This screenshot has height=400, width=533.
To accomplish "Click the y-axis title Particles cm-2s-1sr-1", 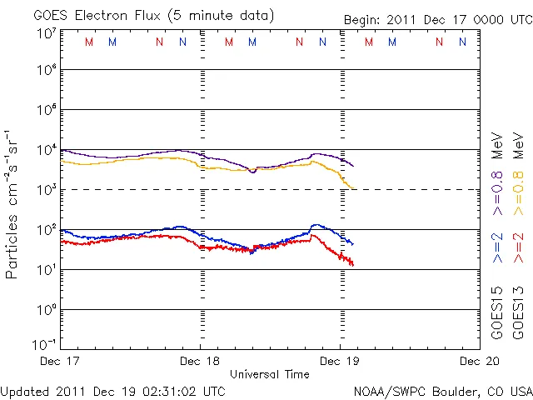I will [x=12, y=203].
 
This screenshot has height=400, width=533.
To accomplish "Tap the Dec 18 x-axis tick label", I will [x=200, y=362].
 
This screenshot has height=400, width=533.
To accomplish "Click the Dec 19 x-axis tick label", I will [x=340, y=362].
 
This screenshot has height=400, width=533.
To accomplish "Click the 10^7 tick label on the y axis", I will [x=47, y=32].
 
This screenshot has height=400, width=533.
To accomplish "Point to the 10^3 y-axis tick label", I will [x=47, y=189].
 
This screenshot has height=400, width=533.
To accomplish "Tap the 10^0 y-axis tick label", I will [x=47, y=309].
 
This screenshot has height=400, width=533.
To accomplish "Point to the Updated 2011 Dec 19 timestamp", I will [x=112, y=390].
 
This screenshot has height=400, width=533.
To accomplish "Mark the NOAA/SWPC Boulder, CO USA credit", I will [x=441, y=390].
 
